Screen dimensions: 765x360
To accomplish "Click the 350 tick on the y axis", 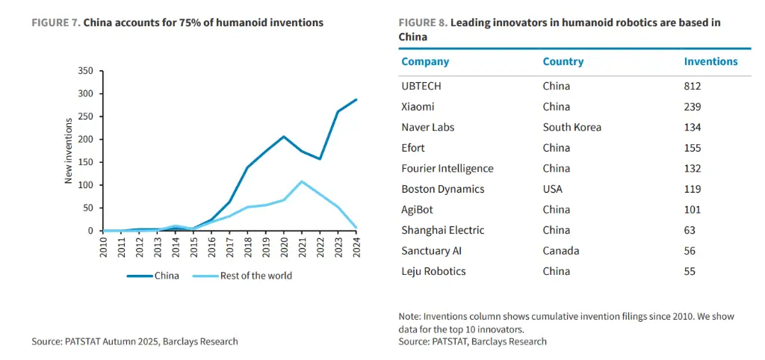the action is [x=86, y=71].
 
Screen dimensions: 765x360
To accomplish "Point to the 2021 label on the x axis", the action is [x=303, y=246].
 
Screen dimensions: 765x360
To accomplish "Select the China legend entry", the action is [x=152, y=276].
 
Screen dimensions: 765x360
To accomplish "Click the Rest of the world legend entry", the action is [x=243, y=276].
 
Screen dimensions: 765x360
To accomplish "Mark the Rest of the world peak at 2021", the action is [x=303, y=181].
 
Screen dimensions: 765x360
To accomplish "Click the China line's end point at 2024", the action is [x=356, y=99].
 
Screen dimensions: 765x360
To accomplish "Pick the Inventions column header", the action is [x=711, y=62].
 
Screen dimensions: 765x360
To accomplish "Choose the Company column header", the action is [x=425, y=62].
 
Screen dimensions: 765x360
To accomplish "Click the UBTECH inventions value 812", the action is [x=693, y=87].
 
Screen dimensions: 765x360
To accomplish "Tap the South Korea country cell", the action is [x=572, y=127].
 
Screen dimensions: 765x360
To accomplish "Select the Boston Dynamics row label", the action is [x=443, y=189].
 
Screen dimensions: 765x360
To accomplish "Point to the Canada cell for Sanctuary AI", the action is [x=560, y=251].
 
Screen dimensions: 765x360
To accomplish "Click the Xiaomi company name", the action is [x=418, y=107].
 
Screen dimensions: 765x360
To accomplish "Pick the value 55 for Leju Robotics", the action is [x=690, y=272].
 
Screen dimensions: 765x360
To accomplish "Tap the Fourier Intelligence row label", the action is [x=447, y=169].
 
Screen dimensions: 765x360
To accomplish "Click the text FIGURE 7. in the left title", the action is [x=56, y=23].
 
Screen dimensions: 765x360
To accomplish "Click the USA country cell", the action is [x=552, y=189].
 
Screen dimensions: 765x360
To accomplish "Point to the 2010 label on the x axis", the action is [x=103, y=246].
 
